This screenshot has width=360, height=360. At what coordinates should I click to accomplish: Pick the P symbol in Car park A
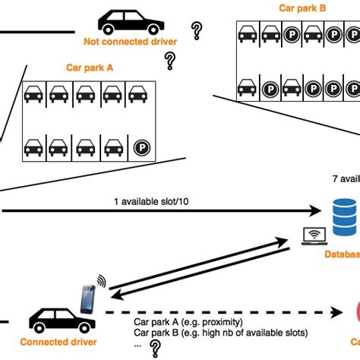141,147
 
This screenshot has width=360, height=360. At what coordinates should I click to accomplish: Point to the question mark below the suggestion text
156,349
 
